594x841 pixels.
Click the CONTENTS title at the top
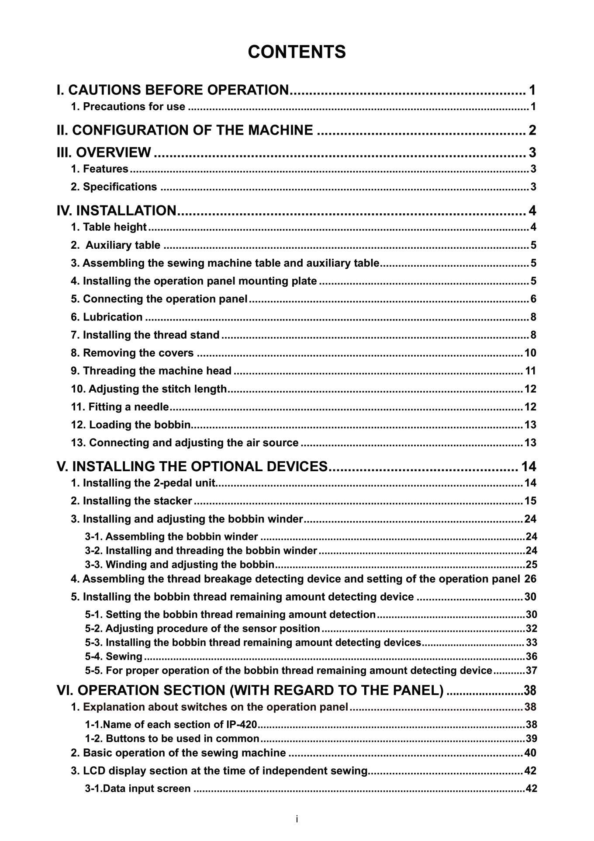click(297, 52)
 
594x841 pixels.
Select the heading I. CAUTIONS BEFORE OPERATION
click(173, 90)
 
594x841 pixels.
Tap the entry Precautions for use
click(128, 107)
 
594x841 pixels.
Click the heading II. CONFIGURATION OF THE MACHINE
click(185, 130)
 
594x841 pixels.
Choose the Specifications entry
click(114, 187)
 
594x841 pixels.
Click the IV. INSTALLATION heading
click(117, 211)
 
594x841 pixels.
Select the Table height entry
click(109, 227)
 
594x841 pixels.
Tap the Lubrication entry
click(107, 317)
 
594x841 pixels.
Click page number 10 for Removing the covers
click(530, 353)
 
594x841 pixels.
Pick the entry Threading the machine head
click(151, 371)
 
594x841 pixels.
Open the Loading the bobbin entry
click(131, 425)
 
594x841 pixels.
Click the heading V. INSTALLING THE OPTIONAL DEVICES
click(192, 466)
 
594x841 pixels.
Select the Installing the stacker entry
click(131, 501)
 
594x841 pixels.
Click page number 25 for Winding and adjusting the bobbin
click(531, 564)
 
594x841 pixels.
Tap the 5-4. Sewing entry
click(114, 657)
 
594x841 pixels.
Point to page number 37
click(531, 671)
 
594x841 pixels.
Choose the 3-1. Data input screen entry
click(138, 789)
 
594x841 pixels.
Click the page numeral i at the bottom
click(297, 819)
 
